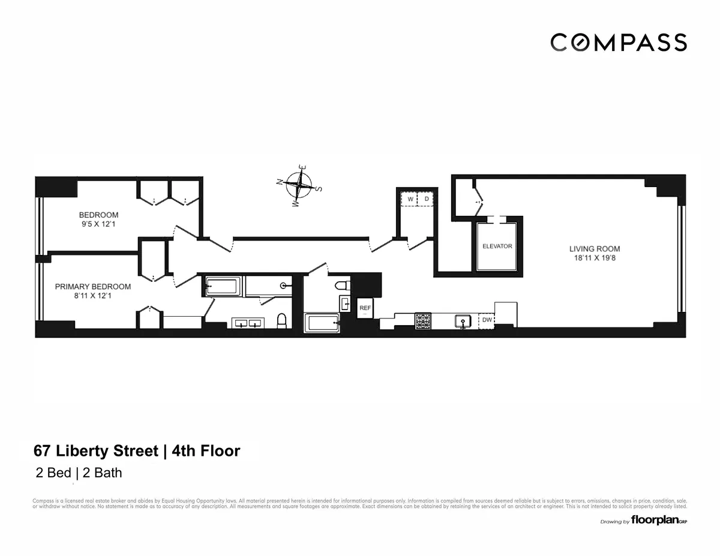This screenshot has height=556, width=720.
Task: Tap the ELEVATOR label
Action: pos(497,247)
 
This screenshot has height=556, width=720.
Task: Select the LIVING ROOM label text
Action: pos(595,249)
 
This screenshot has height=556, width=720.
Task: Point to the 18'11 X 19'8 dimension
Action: pos(595,259)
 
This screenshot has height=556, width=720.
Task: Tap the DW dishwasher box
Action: pos(487,321)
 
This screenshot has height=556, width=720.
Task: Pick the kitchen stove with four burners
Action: pos(423,321)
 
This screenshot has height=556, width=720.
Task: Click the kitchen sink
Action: pos(463,321)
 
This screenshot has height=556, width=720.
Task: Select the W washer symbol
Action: pos(410,199)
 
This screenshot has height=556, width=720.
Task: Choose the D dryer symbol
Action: pos(427,199)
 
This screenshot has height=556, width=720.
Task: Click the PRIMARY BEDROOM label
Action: pos(93,287)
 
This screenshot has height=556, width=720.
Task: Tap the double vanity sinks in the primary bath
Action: pos(248,324)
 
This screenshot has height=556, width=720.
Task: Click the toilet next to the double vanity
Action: pos(281,321)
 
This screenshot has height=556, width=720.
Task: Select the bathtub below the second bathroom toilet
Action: pos(323,323)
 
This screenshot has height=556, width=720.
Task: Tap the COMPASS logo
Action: pos(619,43)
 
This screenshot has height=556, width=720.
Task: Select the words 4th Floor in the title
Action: pos(206,450)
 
